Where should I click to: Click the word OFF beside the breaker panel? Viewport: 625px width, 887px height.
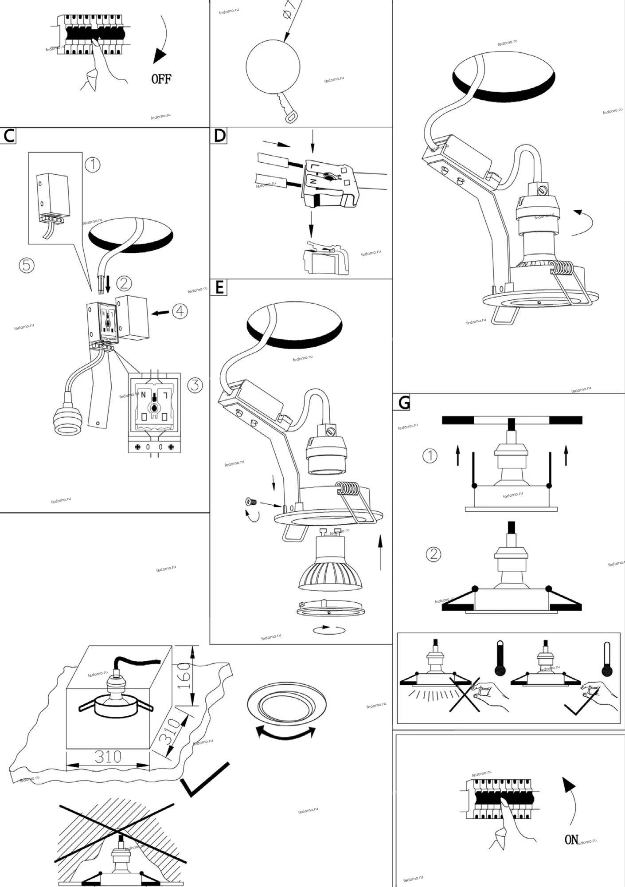coord(161,79)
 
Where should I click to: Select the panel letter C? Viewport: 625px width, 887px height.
coord(8,136)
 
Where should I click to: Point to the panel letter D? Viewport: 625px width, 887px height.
coord(219,136)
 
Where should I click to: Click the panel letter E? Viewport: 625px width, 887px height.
coord(219,287)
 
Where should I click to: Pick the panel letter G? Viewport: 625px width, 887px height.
coord(404,402)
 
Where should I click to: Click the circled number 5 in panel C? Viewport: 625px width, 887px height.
coord(27,265)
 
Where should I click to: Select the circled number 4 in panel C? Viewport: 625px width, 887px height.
coord(180,311)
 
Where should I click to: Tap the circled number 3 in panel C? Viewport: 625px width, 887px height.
coord(195,385)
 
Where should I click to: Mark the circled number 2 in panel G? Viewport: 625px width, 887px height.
coord(434,554)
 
